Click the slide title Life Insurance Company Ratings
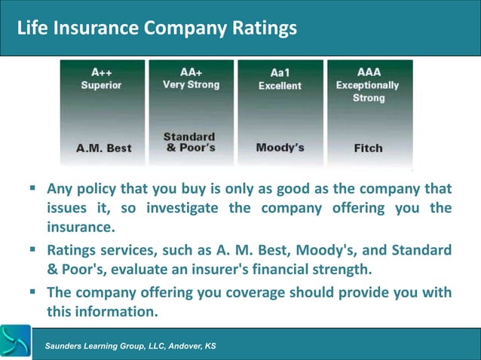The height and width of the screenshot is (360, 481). pyautogui.click(x=157, y=28)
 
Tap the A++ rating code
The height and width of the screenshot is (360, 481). pyautogui.click(x=103, y=72)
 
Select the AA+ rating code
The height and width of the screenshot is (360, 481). pyautogui.click(x=191, y=72)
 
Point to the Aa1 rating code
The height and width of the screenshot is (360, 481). pyautogui.click(x=280, y=73)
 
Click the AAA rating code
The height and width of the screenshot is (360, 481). pyautogui.click(x=369, y=72)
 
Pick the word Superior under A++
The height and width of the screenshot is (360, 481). pyautogui.click(x=102, y=85)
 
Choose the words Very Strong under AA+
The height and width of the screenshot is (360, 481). pyautogui.click(x=191, y=85)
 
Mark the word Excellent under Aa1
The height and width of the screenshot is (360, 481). pyautogui.click(x=280, y=86)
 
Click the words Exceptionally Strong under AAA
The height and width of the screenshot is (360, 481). pyautogui.click(x=368, y=91)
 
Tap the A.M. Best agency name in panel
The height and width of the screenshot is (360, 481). pyautogui.click(x=104, y=148)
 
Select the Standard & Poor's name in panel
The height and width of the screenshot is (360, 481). pyautogui.click(x=189, y=142)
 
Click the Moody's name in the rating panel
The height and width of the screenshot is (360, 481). pyautogui.click(x=280, y=148)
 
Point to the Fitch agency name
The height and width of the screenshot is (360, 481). pyautogui.click(x=368, y=148)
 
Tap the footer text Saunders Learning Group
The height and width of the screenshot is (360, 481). pyautogui.click(x=130, y=346)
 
